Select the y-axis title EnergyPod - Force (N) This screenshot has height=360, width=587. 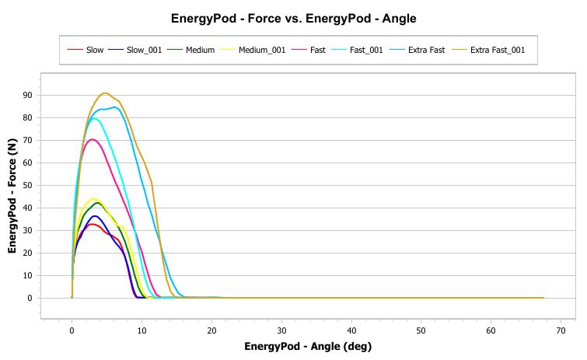point(13,194)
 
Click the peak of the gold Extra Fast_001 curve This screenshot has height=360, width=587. point(105,93)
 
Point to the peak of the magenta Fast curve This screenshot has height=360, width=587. point(93,139)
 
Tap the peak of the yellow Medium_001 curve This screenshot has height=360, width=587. point(93,199)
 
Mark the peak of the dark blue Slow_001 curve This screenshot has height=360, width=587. point(96,215)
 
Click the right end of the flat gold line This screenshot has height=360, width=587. point(543,298)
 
